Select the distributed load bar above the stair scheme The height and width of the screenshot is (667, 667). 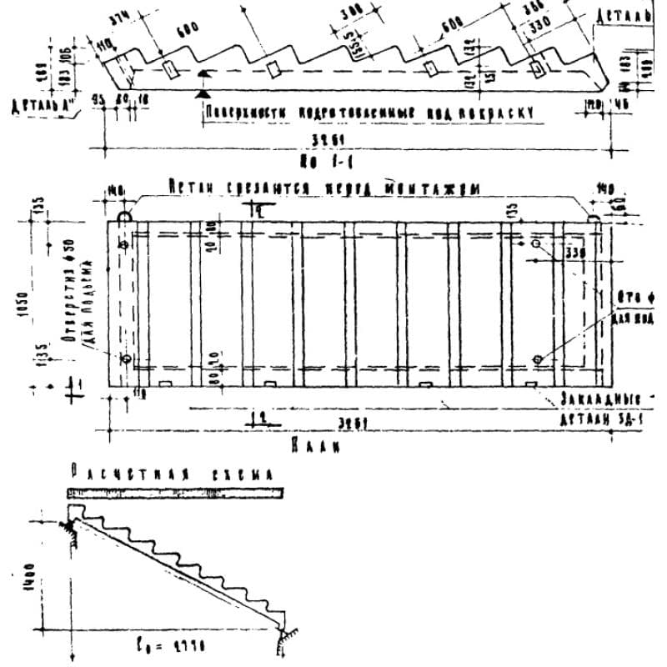click(x=175, y=493)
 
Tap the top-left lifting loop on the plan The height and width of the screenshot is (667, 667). click(x=123, y=216)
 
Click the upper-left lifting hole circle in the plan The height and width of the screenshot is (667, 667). click(x=124, y=245)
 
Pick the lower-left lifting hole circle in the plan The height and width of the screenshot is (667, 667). click(x=126, y=359)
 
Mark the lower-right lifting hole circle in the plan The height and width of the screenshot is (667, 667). click(x=537, y=359)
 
